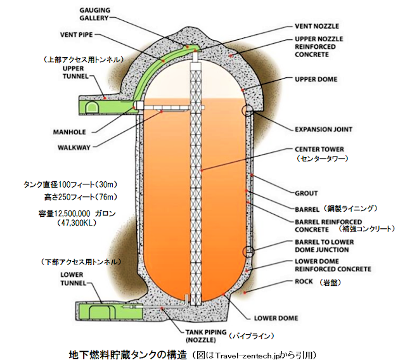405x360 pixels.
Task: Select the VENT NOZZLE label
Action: tap(317, 26)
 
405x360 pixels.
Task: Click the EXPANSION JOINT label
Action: tap(324, 129)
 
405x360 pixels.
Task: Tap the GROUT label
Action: tap(307, 193)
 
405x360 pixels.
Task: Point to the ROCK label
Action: tap(304, 281)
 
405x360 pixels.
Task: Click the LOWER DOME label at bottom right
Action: tap(276, 318)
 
